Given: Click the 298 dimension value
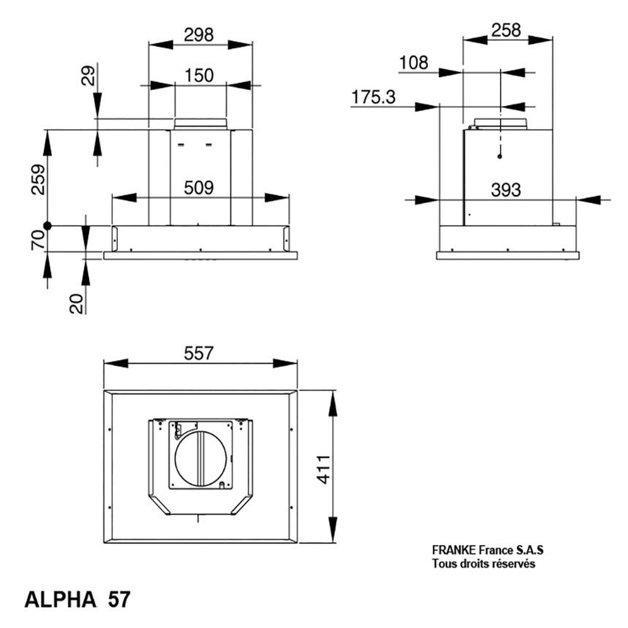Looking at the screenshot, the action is click(199, 35).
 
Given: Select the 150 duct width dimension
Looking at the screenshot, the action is click(199, 75).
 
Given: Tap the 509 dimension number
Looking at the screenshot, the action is click(199, 188).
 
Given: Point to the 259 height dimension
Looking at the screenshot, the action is click(38, 180).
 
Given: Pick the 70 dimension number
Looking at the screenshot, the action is click(38, 240).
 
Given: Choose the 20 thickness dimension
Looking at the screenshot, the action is click(77, 304).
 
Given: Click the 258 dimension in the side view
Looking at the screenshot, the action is click(506, 30).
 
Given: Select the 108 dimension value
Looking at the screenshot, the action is click(413, 63).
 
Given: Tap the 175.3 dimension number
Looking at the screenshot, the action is click(373, 97).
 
